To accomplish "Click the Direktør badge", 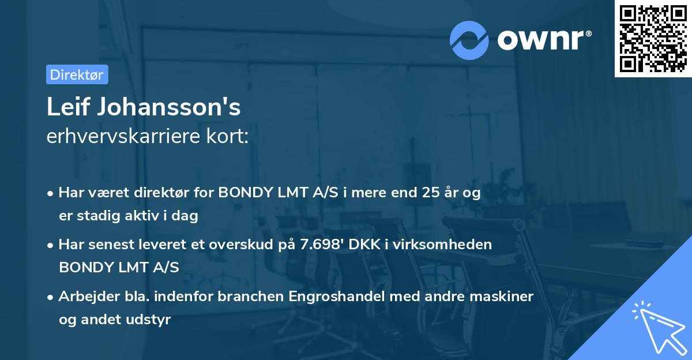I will pos(77,74).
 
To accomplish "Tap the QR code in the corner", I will pos(653,38).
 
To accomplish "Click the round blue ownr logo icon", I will pos(469,40).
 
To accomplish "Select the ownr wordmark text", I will pos(544,40).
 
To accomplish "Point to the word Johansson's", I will pos(169,107).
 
